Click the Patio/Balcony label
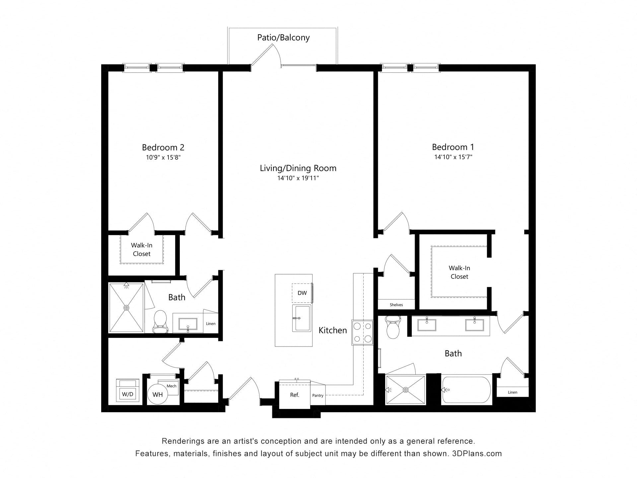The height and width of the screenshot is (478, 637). point(283,38)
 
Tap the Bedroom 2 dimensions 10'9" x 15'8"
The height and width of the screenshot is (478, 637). point(163,157)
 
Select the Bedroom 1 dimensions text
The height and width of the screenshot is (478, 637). point(453,157)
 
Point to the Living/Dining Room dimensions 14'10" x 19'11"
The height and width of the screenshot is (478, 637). point(298,178)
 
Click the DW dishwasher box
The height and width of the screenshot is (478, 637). point(302,293)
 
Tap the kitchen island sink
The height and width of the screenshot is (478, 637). point(302,318)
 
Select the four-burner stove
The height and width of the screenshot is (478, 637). point(363,332)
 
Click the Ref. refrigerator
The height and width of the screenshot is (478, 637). point(295,395)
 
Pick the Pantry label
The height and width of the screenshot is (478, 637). point(318,395)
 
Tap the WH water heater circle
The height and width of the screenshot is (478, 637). point(158,394)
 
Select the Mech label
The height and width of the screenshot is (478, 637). point(172,386)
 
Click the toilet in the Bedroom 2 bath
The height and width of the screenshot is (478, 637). point(160,321)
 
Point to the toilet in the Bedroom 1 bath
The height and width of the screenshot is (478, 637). point(393,327)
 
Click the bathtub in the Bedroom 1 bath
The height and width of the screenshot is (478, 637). point(466,390)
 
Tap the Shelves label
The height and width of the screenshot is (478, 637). point(396,305)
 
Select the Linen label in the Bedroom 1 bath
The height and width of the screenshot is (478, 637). point(513,392)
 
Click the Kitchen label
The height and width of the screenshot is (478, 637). point(333,330)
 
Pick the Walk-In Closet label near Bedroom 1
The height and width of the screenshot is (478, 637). point(460,272)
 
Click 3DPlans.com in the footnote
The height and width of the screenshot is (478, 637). point(477,453)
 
